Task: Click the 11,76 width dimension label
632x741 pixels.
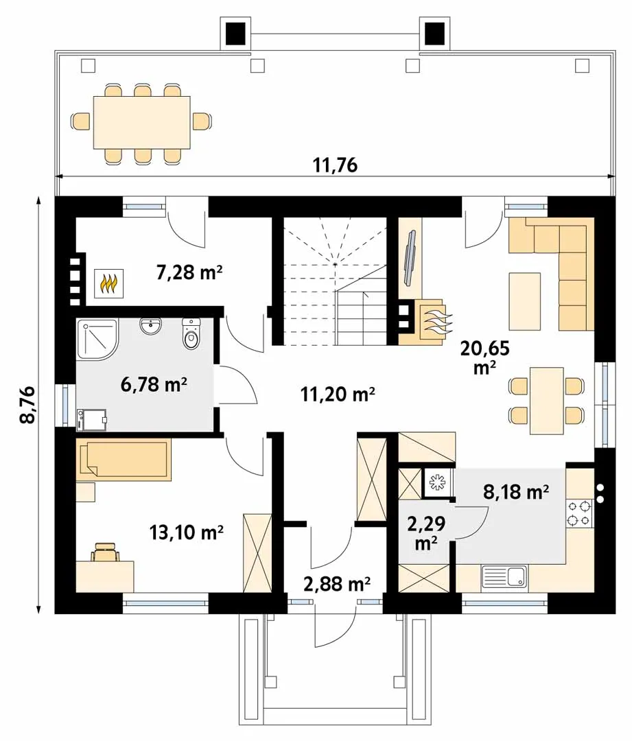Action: point(335,165)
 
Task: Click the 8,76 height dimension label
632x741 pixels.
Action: point(28,405)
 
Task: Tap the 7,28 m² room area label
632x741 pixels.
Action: point(189,272)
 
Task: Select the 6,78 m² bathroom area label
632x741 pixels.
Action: point(154,384)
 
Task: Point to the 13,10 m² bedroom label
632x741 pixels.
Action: point(186,532)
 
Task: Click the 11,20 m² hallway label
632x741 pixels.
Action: point(338,393)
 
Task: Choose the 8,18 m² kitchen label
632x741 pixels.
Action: point(516,491)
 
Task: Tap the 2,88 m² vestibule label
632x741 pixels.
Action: point(336,584)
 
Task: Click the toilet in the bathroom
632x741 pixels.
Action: point(191,333)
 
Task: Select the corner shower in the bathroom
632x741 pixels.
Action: point(97,339)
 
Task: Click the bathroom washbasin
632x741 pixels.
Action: point(151,327)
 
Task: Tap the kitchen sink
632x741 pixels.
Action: point(504,576)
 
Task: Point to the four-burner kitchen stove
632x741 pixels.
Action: point(580,513)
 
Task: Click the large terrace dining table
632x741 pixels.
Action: point(142,122)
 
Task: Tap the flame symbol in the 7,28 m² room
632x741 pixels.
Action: point(109,283)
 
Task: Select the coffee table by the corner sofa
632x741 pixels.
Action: point(525,301)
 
